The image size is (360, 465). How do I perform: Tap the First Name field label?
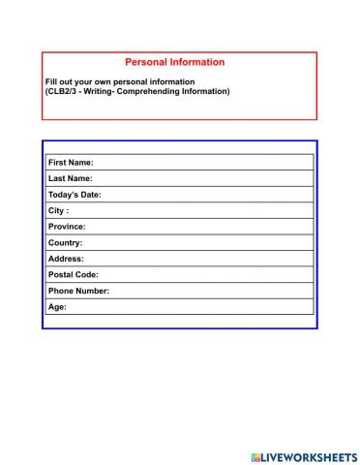point(71,163)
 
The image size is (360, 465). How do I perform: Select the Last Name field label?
point(70,179)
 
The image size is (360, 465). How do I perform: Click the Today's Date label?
point(75,195)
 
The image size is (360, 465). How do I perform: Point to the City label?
point(58,211)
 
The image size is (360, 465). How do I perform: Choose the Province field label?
point(67,227)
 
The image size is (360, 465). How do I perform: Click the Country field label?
point(65,243)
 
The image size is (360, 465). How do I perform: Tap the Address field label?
point(66,259)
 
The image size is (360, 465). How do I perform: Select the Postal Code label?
point(73,275)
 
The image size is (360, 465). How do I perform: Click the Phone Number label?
point(78,291)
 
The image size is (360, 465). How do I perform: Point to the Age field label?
point(57,307)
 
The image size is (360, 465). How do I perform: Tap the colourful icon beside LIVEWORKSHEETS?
point(255,456)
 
